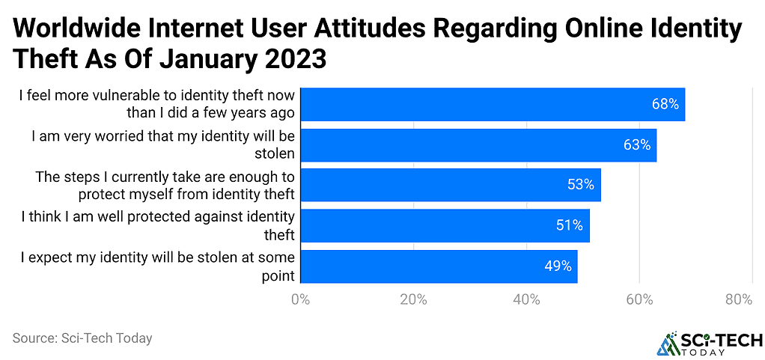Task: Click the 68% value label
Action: coord(665,105)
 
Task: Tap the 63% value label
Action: coord(636,145)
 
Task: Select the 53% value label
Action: coord(581,186)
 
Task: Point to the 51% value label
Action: coord(570,225)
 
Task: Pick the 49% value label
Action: coord(558,266)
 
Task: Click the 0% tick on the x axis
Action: coord(300,300)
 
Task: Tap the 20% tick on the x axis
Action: coord(413,300)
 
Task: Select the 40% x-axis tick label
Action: coord(526,300)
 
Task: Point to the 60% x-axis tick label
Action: coord(639,300)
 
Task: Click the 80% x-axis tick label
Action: coord(738,300)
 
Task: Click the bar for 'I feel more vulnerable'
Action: coord(493,105)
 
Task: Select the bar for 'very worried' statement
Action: coord(478,145)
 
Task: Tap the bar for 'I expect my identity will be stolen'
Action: coord(439,266)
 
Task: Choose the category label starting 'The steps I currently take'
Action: coord(165,186)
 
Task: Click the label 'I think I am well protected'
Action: coord(158,225)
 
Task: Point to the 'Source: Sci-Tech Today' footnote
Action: coord(82,338)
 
